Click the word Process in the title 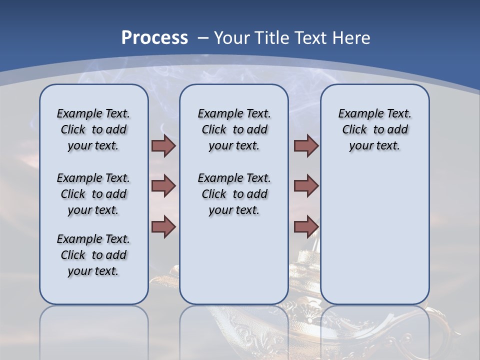[x=154, y=38]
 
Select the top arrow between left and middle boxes [x=163, y=146]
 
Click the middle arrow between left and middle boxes [x=163, y=186]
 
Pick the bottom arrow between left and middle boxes [x=163, y=226]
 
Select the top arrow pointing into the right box [x=306, y=146]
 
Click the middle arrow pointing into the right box [x=306, y=186]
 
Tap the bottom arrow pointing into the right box [x=306, y=226]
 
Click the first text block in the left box [x=93, y=129]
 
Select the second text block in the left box [x=93, y=194]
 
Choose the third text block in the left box [x=93, y=255]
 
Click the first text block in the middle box [x=234, y=129]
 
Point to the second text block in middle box [x=234, y=194]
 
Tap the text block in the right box [x=374, y=129]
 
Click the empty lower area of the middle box [x=234, y=260]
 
